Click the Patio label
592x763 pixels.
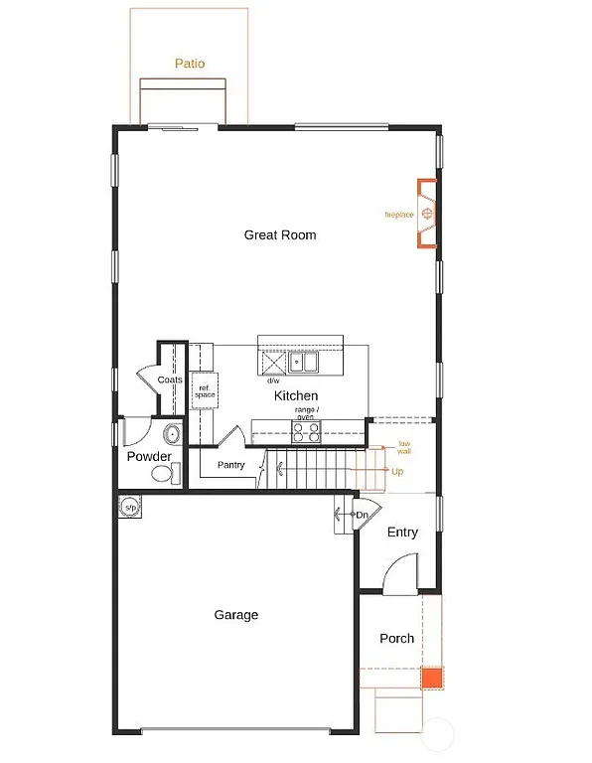(190, 64)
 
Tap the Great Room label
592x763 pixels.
(280, 235)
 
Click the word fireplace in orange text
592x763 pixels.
(399, 215)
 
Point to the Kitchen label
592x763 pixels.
(296, 395)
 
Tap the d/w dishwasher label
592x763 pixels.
(272, 381)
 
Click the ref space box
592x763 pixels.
(205, 391)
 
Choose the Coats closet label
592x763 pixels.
(169, 380)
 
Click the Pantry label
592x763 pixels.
(230, 465)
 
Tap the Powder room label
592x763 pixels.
(149, 457)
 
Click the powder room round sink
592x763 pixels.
(172, 433)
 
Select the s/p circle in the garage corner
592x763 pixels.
(129, 508)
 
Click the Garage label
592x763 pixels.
(236, 615)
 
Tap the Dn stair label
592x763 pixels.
(363, 515)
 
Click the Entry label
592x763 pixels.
(402, 533)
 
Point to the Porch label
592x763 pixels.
(397, 639)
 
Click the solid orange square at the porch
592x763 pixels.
(431, 679)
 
